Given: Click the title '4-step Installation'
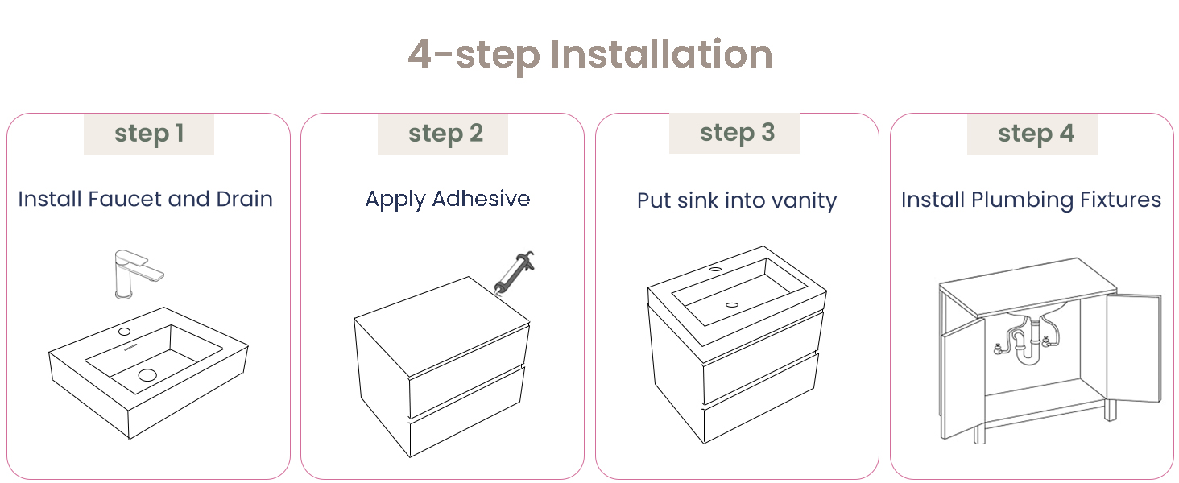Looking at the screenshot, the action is (590, 55).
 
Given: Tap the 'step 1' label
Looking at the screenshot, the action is (149, 134).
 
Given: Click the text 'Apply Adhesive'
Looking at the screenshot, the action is (448, 200).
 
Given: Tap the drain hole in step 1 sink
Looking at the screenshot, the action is (147, 374).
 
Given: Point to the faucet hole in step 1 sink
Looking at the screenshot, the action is (124, 332).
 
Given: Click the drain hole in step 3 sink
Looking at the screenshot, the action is (731, 304).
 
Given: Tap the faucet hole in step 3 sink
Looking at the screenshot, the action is (715, 269).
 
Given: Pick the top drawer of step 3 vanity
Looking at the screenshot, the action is (762, 357).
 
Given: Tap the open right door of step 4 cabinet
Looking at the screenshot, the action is (1134, 347).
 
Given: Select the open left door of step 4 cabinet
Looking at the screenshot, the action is (963, 378).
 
